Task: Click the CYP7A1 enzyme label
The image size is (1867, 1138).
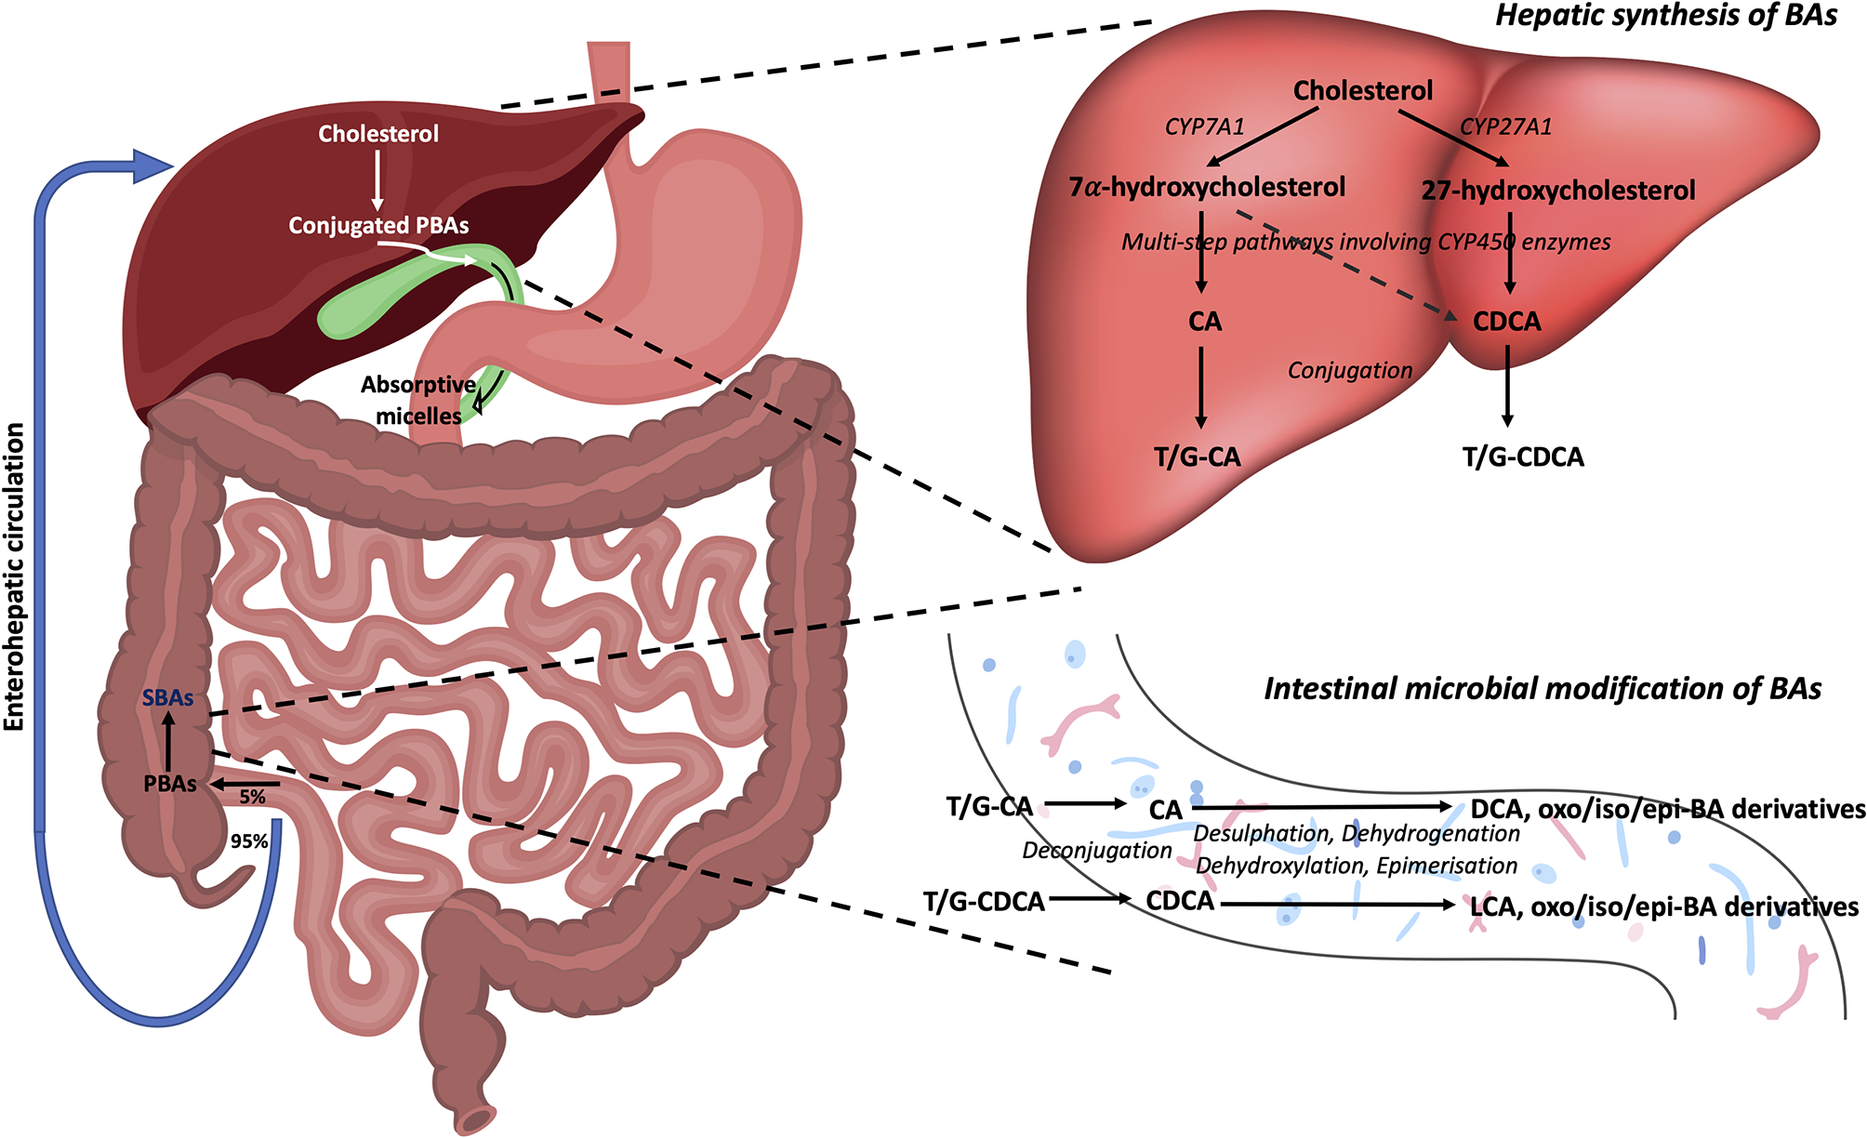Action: coord(1204,126)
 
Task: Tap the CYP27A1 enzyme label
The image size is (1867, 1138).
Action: coord(1505,126)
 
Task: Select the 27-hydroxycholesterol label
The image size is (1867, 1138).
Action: coord(1558,191)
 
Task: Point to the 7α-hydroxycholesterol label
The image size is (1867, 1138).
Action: coord(1207,187)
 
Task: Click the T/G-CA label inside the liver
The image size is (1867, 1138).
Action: coord(1197,457)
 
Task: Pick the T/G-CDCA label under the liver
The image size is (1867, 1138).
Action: coord(1523,457)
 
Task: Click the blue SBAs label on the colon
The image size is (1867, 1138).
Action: coord(167,698)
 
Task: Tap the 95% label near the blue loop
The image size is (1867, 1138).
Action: coord(249,841)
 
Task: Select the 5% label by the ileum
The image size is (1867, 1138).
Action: coord(252,797)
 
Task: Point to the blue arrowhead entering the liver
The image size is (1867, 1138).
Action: coord(153,166)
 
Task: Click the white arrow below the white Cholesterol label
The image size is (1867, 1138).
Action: coord(377,180)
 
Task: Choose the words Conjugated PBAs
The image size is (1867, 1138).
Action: coord(378,226)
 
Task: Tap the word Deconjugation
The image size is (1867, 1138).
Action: coord(1097,850)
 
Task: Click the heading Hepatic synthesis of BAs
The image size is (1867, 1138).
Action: coord(1666,16)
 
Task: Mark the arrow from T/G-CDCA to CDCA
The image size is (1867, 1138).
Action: coord(1090,899)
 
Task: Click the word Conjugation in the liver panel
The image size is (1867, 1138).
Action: coord(1350,370)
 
